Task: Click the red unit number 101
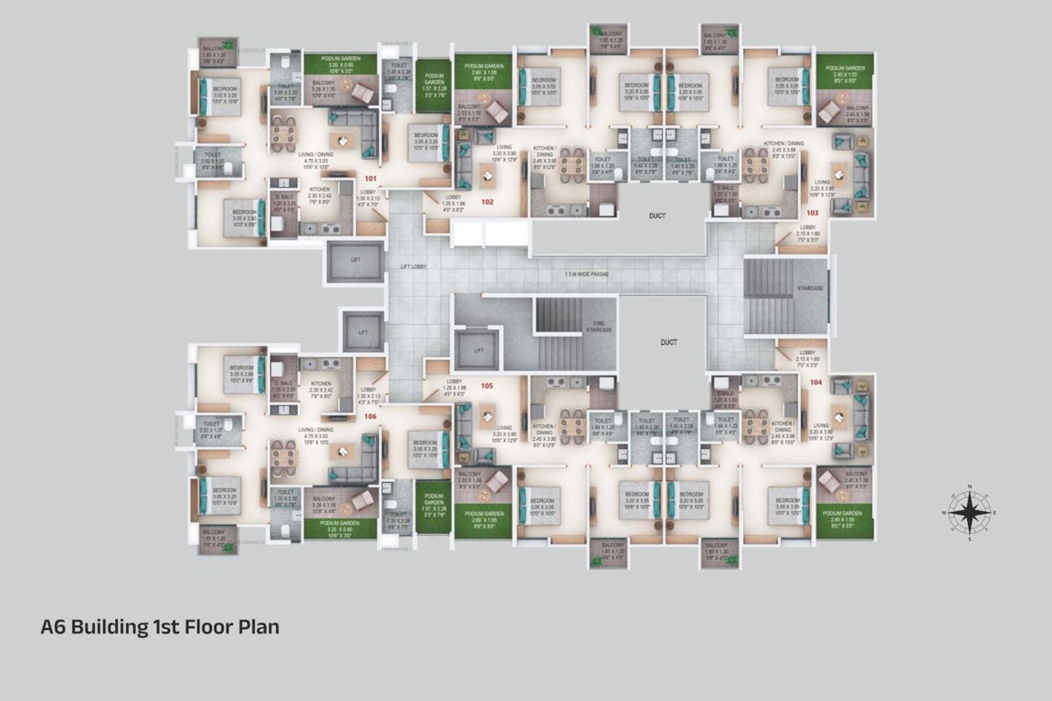click(x=371, y=178)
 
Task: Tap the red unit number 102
click(x=488, y=202)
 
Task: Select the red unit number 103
click(x=813, y=212)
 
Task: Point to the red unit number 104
click(x=815, y=382)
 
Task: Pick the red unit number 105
click(x=488, y=386)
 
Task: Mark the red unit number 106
click(x=370, y=416)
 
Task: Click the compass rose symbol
click(x=969, y=512)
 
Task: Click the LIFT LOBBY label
click(x=415, y=267)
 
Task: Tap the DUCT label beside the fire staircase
click(x=668, y=343)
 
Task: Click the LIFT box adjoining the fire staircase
click(x=477, y=350)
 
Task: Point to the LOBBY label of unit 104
click(x=807, y=352)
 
